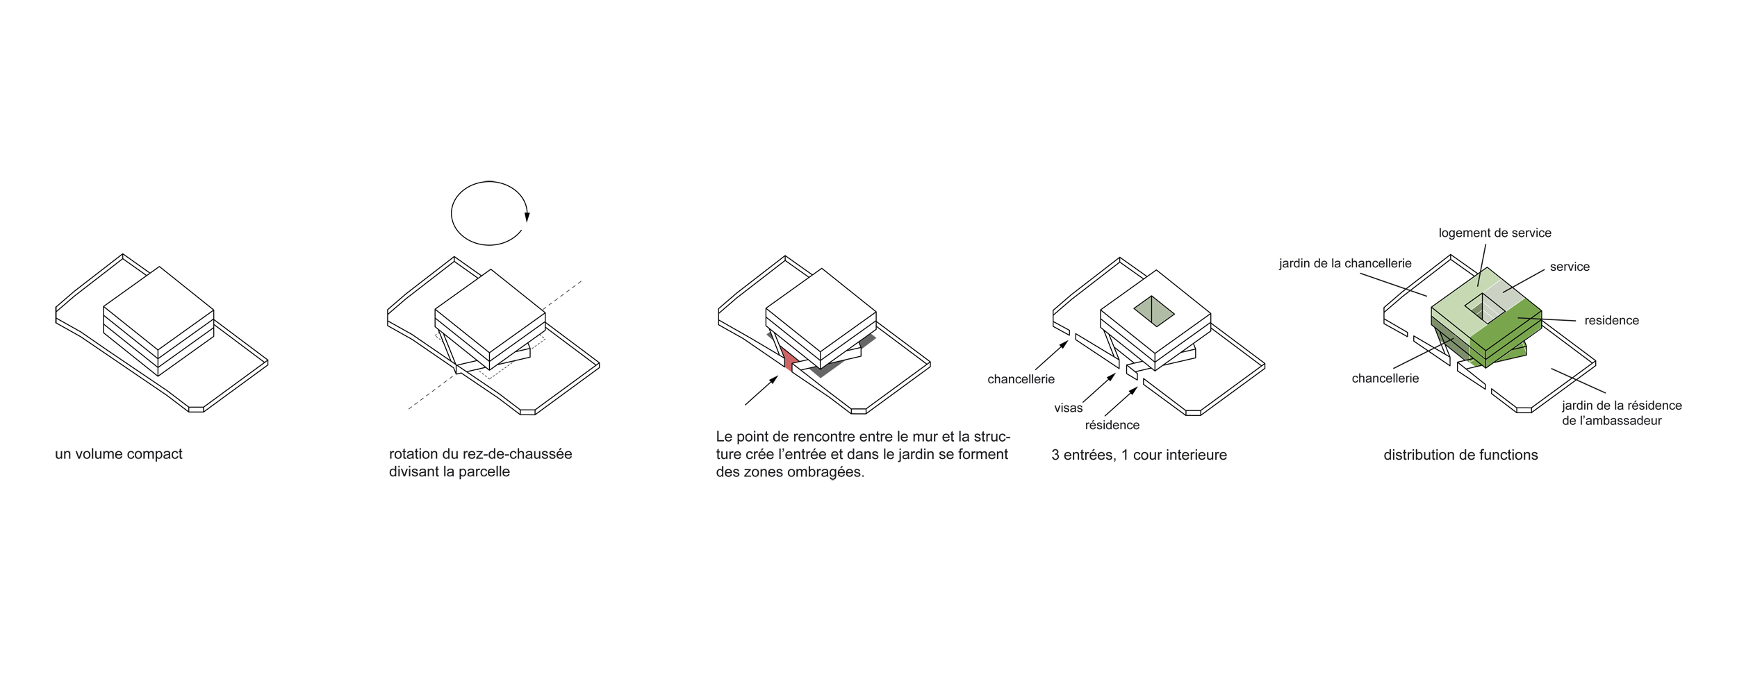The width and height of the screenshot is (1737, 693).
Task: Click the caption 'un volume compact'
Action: pos(119,454)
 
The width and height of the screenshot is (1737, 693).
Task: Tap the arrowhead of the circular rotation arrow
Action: pos(527,217)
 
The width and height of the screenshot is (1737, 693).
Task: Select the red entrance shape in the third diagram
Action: pos(787,359)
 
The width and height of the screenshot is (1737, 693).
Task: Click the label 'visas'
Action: pos(1068,408)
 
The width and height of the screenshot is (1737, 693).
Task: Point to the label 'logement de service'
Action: pos(1495,233)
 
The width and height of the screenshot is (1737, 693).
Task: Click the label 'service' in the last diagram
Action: pos(1570,267)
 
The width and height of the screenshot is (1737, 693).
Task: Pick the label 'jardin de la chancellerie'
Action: pos(1345,264)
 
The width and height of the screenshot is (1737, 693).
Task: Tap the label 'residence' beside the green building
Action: pos(1611,321)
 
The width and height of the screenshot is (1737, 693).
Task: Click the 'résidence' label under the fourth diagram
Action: pos(1112,425)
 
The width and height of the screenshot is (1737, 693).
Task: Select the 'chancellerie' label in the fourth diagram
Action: pos(1021,379)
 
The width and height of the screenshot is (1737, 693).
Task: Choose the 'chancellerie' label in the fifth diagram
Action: pos(1385,378)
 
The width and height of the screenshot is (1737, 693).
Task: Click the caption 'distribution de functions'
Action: pos(1460,456)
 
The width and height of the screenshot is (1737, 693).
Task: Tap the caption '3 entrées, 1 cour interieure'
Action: pos(1139,456)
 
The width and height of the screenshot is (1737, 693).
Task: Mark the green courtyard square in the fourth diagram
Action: pos(1154,312)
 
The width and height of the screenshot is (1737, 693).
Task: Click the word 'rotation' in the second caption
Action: pos(413,454)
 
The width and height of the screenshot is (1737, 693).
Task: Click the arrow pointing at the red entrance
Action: pos(762,390)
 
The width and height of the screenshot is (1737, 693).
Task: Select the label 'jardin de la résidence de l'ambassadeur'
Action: pos(1622,413)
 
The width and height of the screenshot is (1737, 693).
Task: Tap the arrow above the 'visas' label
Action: pos(1098,388)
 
